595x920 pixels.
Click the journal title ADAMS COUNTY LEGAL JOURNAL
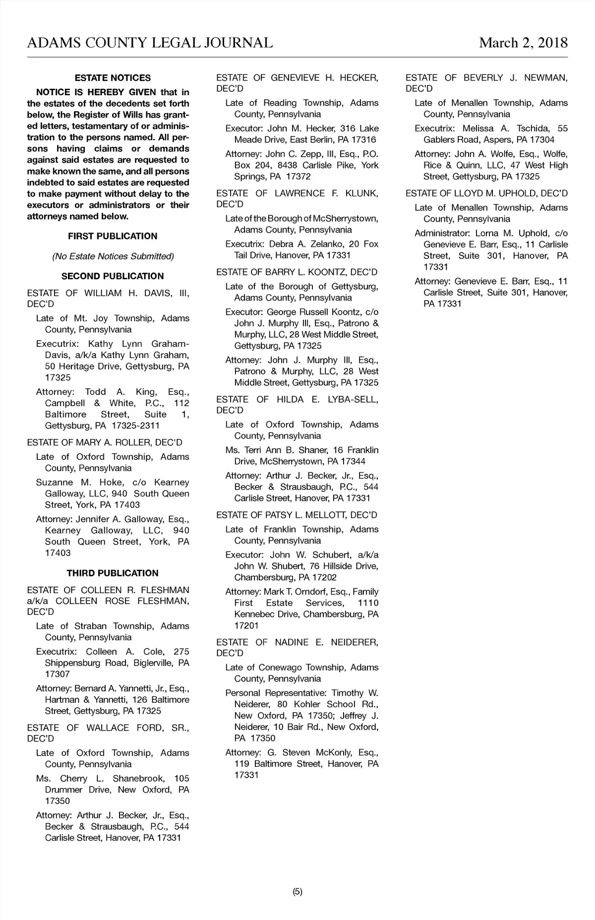click(150, 43)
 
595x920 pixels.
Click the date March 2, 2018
click(523, 43)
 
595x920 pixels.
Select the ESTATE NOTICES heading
click(113, 78)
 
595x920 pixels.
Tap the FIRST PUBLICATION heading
click(113, 236)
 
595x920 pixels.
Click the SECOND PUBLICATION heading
click(113, 276)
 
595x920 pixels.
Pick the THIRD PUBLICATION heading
click(113, 573)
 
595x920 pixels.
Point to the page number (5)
click(297, 892)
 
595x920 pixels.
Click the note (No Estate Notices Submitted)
click(113, 256)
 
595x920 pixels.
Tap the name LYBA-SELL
click(353, 399)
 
